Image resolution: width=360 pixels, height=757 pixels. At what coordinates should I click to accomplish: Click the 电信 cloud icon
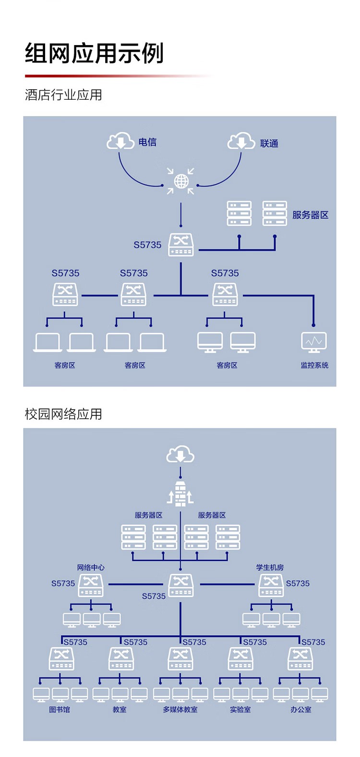point(120,141)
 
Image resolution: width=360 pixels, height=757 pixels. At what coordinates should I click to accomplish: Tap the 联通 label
point(269,143)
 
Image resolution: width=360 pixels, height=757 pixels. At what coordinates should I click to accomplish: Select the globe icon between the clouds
point(181,181)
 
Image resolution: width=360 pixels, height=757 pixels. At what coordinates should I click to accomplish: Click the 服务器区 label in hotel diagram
point(311,215)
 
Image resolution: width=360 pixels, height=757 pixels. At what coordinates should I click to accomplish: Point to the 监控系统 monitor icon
point(314,342)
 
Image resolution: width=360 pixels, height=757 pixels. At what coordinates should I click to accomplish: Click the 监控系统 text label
point(314,366)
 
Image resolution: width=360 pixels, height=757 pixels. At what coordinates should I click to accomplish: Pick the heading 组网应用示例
point(95,53)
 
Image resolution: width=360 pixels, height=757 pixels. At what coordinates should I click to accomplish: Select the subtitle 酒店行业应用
point(63,95)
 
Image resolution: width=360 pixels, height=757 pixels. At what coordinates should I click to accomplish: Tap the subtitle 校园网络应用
point(63,414)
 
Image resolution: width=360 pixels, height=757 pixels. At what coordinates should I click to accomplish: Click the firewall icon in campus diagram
point(180,494)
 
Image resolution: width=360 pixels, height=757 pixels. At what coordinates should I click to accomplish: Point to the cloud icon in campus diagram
point(180,454)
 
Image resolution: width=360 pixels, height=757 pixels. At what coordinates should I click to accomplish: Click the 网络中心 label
point(91,568)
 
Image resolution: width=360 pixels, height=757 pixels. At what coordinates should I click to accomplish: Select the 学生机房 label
point(270,568)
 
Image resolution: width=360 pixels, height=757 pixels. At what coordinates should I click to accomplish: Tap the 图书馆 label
point(60,710)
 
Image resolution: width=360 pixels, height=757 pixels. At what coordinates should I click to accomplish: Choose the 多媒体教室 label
point(180,710)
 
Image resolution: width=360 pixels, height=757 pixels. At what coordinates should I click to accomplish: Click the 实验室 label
point(240,710)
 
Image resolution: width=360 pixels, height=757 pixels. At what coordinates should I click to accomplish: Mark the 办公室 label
point(300,710)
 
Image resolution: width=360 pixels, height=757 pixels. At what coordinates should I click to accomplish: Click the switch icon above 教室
point(121,658)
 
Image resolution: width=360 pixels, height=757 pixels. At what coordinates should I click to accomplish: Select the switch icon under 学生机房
point(271,585)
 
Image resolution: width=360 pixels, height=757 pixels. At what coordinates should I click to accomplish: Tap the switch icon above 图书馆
point(61,658)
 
